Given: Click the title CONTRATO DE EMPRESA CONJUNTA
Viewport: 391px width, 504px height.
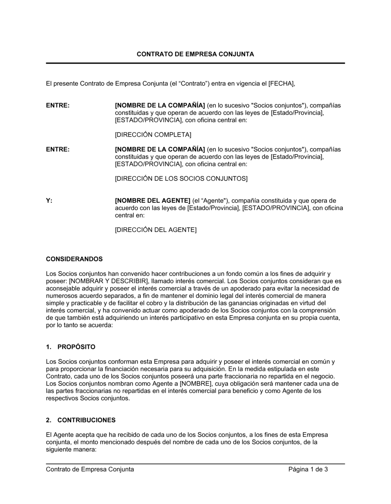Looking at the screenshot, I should [195, 54].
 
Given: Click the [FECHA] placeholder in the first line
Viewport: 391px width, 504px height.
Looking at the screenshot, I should [282, 83].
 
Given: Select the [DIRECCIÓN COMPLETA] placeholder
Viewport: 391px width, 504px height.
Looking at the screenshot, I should [153, 135].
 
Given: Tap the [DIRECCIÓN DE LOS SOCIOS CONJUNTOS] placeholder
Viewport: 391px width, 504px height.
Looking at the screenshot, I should [181, 179].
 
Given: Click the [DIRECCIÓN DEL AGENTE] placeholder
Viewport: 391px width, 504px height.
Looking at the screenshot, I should [156, 230].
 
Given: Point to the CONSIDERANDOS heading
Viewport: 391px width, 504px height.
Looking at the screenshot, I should [74, 259].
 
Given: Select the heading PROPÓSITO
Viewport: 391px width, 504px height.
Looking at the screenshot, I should [76, 347].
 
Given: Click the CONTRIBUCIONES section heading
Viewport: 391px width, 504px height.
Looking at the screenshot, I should [86, 420].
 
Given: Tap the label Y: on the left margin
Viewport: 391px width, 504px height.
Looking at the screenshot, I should [49, 201].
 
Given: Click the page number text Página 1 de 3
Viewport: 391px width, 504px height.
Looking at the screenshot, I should [308, 469].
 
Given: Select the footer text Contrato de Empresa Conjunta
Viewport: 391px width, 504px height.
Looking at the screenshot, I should [90, 469].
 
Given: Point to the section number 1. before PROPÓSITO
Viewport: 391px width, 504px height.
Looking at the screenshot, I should [48, 347].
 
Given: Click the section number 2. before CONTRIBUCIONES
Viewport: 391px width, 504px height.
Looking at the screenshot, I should [48, 420].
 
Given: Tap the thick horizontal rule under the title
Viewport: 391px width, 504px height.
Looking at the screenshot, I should [195, 63].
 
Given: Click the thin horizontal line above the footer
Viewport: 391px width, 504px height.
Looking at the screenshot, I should [195, 464].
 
